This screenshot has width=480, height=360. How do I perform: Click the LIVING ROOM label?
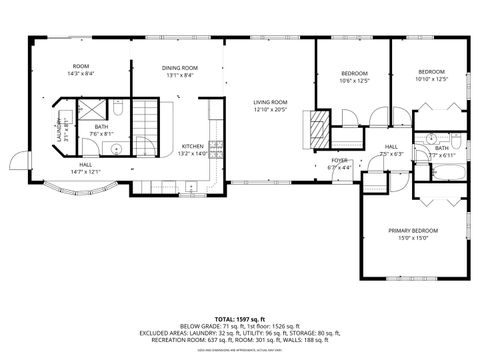[x=270, y=101]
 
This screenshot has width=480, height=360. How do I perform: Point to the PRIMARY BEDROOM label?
[x=413, y=231]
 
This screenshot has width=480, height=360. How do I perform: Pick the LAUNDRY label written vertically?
[x=59, y=133]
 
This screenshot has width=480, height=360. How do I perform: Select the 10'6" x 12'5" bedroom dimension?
[x=355, y=80]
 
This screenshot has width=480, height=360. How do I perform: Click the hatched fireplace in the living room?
[x=317, y=127]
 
